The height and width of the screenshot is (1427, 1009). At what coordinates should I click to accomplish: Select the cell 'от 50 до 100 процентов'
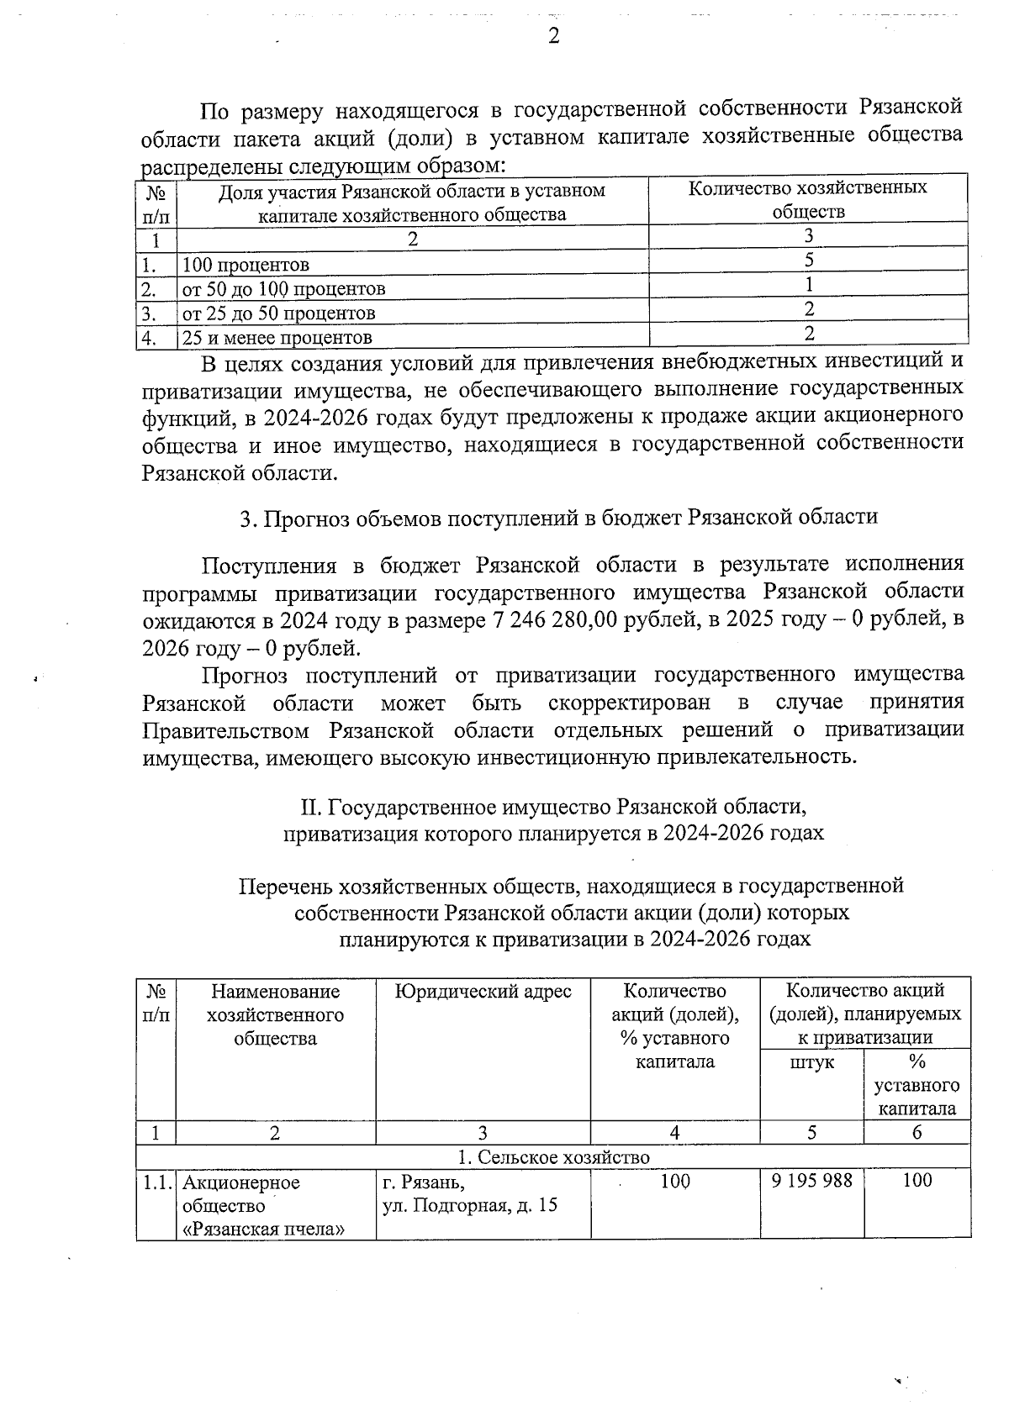click(283, 289)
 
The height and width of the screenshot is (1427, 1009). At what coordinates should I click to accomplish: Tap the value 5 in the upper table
click(808, 260)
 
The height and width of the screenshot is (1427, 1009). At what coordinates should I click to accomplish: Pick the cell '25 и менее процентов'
click(277, 338)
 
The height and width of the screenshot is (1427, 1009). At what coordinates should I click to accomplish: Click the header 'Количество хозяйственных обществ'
click(807, 200)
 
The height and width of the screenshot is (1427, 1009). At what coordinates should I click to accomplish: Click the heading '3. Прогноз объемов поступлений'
click(558, 517)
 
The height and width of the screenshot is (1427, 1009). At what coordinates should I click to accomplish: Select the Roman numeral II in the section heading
click(310, 808)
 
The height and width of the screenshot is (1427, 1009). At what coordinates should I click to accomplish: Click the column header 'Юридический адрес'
click(483, 992)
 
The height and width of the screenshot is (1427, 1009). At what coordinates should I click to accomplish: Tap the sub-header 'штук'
click(811, 1062)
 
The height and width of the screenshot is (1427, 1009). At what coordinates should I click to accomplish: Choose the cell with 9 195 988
click(811, 1181)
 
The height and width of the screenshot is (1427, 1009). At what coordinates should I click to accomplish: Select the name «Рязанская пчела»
click(264, 1230)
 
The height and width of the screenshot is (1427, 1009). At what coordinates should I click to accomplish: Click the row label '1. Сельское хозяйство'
click(553, 1157)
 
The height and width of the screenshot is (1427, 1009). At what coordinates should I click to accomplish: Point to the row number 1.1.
click(156, 1182)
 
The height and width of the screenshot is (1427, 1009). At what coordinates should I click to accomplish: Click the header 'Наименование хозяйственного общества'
click(275, 1014)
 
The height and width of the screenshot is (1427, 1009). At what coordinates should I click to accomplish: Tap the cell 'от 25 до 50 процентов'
click(278, 313)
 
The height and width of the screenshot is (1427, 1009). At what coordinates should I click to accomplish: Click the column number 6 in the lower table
click(917, 1132)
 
